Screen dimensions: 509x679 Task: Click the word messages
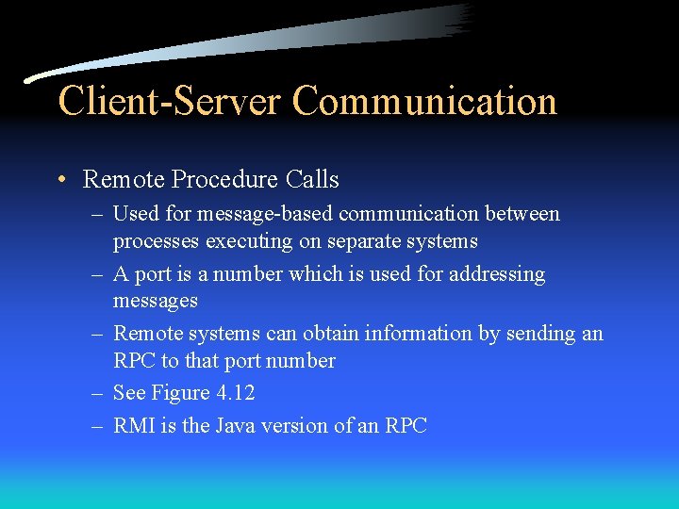(156, 302)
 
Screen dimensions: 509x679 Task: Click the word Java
(236, 426)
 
